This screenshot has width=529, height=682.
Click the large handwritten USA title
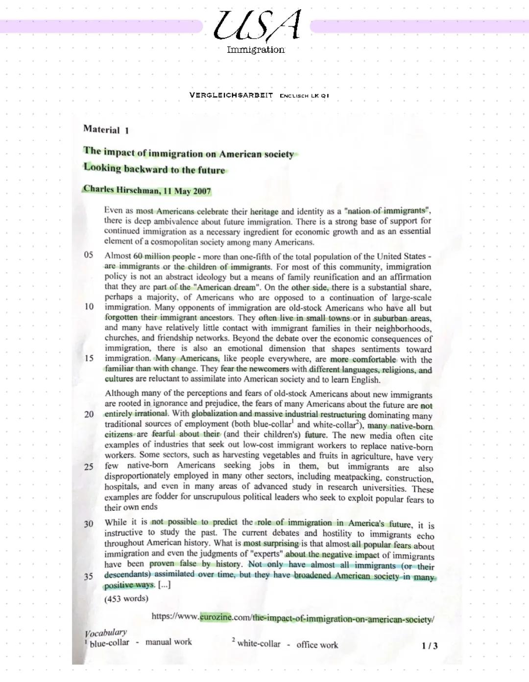point(257,25)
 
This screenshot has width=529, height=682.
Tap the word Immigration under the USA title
point(256,49)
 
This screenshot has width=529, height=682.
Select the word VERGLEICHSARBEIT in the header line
point(231,95)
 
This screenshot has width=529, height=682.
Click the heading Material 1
point(106,130)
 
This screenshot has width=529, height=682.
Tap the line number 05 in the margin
point(89,255)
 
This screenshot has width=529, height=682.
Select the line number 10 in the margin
point(89,307)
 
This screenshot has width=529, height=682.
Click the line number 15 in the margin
point(89,358)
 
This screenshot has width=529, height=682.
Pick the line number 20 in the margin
point(89,414)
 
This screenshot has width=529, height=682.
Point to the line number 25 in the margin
point(89,467)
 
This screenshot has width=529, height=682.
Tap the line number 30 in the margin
point(89,524)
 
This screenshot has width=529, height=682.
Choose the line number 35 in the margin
point(89,576)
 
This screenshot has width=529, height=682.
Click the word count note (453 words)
point(126,598)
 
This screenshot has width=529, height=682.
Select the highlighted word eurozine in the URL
point(216,617)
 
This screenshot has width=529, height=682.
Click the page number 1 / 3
point(430,646)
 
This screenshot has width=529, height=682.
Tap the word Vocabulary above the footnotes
point(106,633)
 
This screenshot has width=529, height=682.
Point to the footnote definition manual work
point(168,642)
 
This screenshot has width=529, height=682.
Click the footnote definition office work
point(317,645)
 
